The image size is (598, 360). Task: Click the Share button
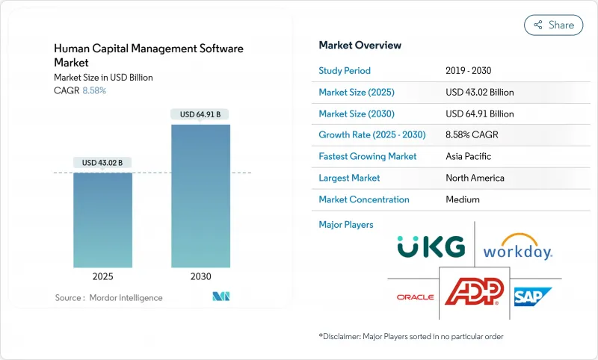554,25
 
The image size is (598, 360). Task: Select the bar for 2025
102,220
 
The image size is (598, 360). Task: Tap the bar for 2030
200,196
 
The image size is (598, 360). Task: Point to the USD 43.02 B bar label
102,163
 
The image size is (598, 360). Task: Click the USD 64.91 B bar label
200,114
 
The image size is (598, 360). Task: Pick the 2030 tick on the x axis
200,276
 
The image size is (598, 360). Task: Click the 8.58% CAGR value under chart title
93,90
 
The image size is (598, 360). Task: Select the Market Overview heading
360,46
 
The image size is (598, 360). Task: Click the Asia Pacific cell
469,157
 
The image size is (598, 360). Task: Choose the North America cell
474,178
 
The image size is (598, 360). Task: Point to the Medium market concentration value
462,199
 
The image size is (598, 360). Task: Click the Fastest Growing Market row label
368,157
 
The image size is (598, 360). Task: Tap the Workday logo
517,246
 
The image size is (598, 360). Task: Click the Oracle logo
415,297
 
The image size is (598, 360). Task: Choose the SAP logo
532,297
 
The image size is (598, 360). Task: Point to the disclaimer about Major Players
410,337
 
